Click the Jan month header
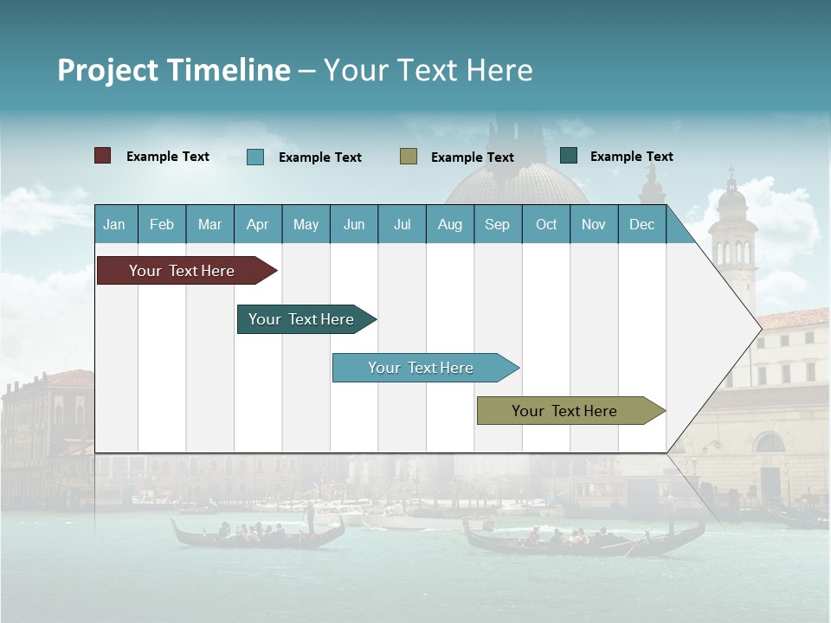(114, 224)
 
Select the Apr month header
(258, 224)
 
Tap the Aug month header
(449, 224)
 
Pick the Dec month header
(641, 224)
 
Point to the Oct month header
(546, 224)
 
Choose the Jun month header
(354, 224)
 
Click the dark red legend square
(103, 156)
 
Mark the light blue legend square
(255, 157)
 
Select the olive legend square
(409, 157)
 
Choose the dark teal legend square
(569, 156)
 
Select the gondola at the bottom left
(257, 532)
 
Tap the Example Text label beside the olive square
(472, 157)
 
